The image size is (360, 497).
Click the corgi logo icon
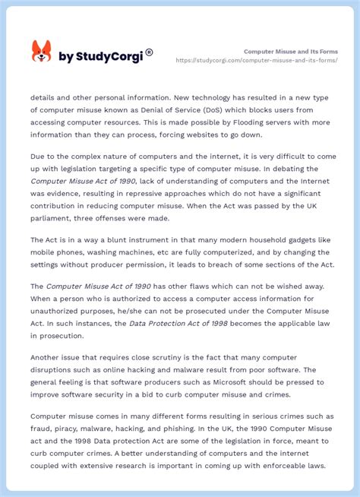tap(41, 52)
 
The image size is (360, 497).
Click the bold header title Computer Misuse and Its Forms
tap(291, 51)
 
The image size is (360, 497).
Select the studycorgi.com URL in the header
tap(257, 60)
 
